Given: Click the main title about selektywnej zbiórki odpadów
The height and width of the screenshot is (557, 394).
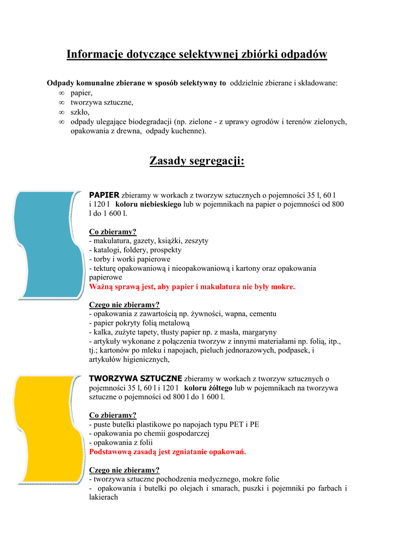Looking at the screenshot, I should pos(196,54).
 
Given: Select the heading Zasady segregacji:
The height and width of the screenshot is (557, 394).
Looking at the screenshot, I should pos(196,162).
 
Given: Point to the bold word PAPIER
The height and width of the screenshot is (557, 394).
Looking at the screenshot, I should pos(104,194).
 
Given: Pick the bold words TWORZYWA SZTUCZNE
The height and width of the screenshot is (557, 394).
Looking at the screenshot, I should pos(136,378).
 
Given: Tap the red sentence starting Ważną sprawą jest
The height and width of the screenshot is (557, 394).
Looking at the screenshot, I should pos(192,287).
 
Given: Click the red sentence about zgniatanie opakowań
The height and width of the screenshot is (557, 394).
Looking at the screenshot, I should pos(168,452).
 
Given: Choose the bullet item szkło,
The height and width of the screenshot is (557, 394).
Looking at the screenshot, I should pos(79,112).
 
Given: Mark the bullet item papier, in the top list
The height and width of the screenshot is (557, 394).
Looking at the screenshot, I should pos(81,93).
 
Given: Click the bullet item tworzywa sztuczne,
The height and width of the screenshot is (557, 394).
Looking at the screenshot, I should pos(102,102).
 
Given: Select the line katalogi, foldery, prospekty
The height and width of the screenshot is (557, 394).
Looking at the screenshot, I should pos(135,250).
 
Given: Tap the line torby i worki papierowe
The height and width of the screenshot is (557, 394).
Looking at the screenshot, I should pos(130,259).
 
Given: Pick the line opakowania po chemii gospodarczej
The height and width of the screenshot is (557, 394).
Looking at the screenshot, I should pos(149,434).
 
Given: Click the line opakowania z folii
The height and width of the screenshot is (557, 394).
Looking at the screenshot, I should pos(121,443).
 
